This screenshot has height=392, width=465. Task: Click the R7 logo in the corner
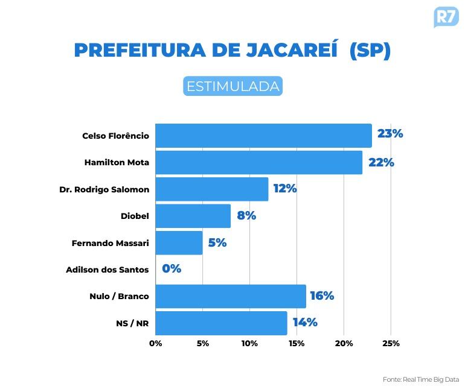tap(446, 17)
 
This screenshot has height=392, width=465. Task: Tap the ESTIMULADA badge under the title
tap(232, 86)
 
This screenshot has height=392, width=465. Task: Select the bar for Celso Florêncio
tap(263, 136)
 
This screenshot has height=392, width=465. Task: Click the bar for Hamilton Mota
tap(258, 162)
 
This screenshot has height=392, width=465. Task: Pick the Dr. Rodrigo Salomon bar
tap(211, 189)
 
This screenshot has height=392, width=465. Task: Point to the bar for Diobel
tap(193, 215)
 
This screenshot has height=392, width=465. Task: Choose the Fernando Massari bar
tap(179, 242)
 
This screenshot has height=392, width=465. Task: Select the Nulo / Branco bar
tap(230, 296)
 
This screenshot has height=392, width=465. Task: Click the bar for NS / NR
tap(221, 323)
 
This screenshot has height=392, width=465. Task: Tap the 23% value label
tap(390, 134)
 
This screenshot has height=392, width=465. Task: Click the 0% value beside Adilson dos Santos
tap(172, 269)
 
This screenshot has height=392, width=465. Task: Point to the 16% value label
tap(322, 296)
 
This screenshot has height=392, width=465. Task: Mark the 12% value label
tap(284, 189)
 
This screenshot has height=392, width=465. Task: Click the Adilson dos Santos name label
tap(107, 270)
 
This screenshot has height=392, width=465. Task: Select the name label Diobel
tap(135, 216)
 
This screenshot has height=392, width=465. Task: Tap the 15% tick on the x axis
tap(297, 344)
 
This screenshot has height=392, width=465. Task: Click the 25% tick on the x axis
tap(391, 344)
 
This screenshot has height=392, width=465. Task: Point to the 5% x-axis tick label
tap(202, 344)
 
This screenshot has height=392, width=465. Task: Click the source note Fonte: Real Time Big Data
tap(420, 380)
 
